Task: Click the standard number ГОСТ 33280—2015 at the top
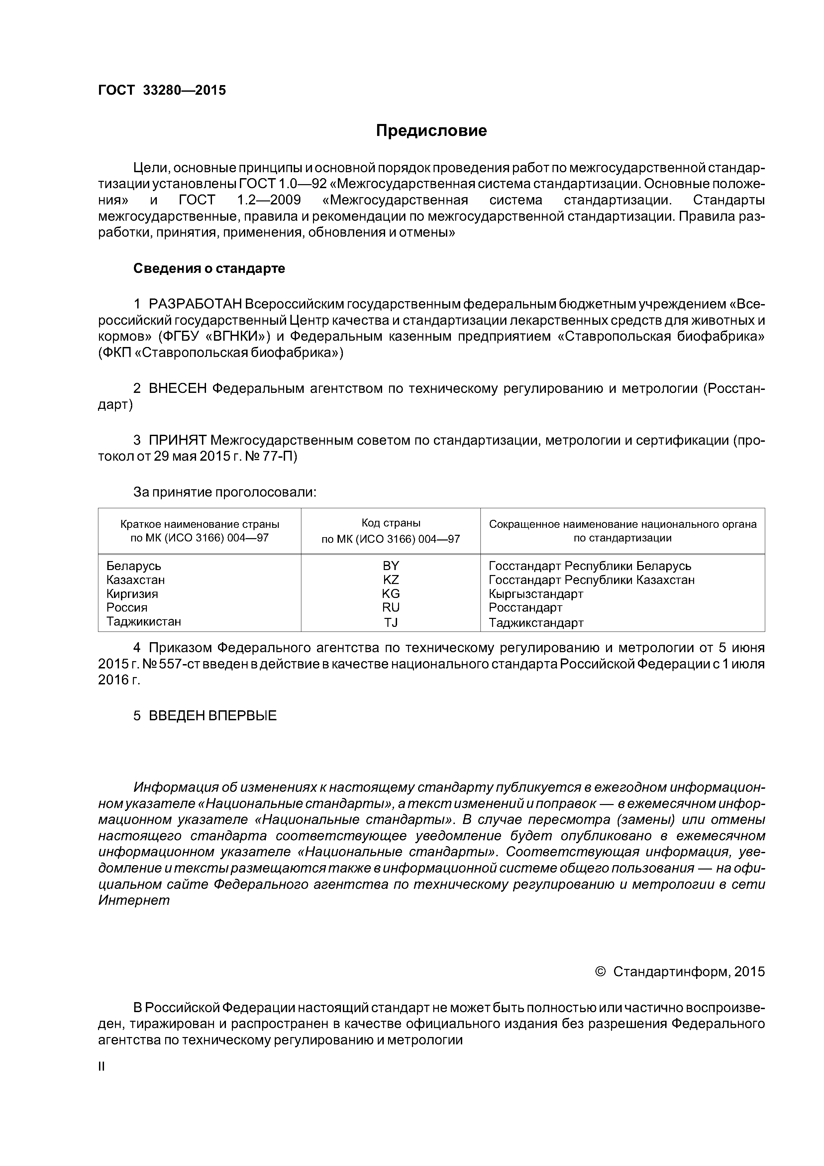[x=161, y=90]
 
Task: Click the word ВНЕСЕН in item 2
[x=178, y=389]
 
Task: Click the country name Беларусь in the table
[x=134, y=566]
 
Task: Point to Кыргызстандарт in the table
[x=536, y=594]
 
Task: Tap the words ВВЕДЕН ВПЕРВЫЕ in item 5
[x=212, y=716]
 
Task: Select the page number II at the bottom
[x=101, y=1067]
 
